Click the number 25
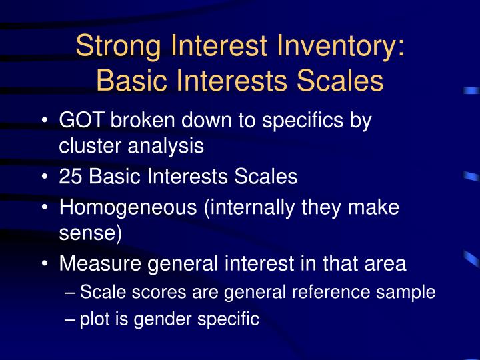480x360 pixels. click(x=71, y=177)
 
